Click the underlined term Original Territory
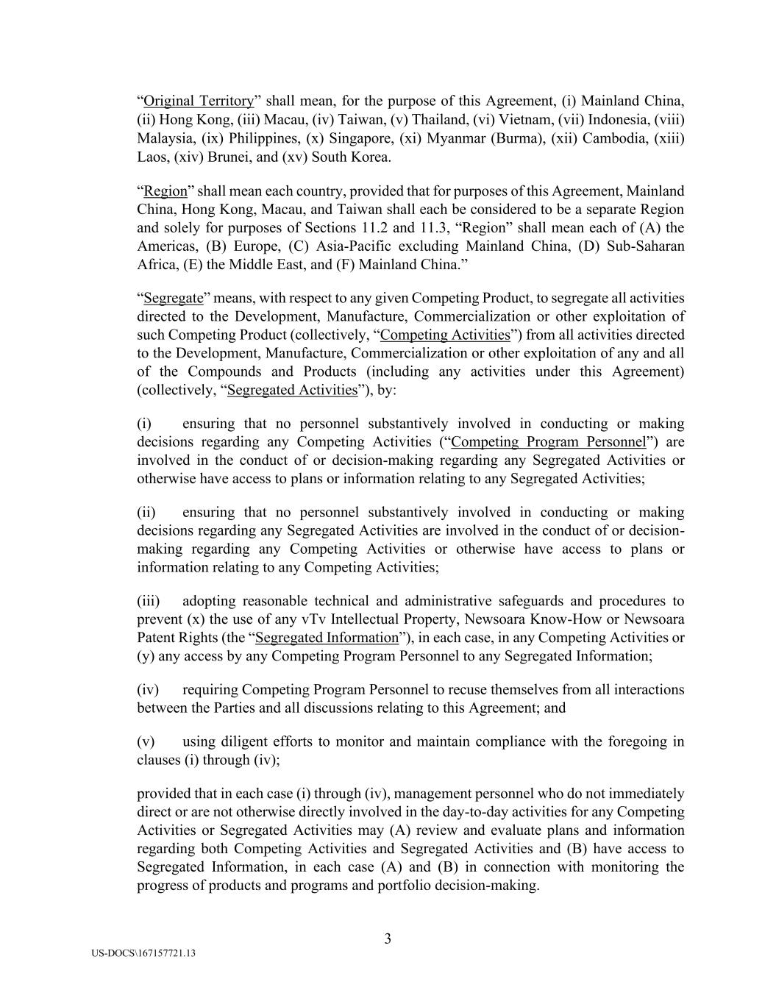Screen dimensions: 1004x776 [x=199, y=101]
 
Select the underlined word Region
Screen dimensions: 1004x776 [x=165, y=191]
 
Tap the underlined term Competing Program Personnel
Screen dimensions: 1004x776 [x=548, y=442]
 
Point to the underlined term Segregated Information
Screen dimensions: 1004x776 [x=327, y=638]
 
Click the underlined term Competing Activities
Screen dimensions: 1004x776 [x=445, y=335]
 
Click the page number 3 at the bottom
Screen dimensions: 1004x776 [x=388, y=939]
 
